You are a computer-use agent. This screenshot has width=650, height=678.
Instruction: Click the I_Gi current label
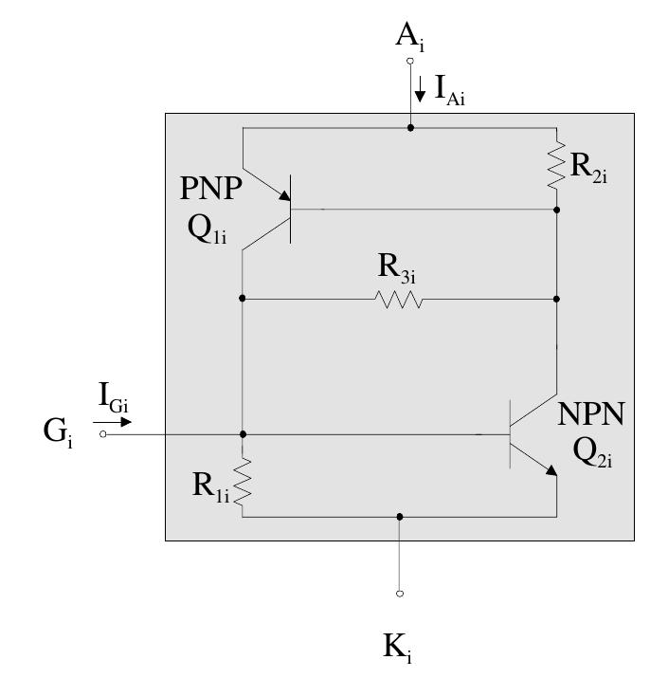coord(113,394)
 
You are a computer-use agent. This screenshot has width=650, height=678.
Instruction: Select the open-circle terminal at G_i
coord(102,434)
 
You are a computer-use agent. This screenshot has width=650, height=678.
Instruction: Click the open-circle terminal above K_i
coord(400,594)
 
